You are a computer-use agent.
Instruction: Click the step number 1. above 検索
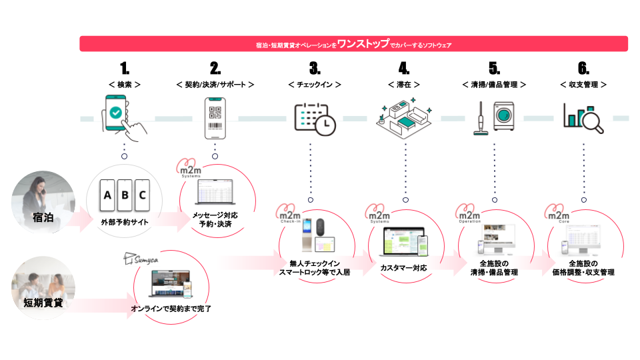(x=124, y=68)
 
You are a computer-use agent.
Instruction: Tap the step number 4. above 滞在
(x=404, y=68)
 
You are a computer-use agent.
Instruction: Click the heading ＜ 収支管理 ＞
(x=583, y=85)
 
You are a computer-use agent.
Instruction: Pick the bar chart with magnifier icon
(x=583, y=118)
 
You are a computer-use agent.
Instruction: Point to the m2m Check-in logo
(x=289, y=217)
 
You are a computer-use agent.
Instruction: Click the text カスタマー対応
(x=403, y=267)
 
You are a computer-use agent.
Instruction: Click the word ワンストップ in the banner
(x=363, y=44)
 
